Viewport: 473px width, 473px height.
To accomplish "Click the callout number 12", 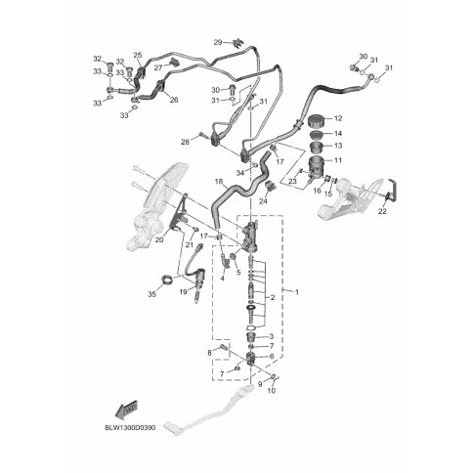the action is pyautogui.click(x=338, y=118).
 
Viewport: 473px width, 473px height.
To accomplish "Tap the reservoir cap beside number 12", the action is pyautogui.click(x=316, y=121).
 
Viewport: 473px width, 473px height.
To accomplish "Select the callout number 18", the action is pyautogui.click(x=219, y=181).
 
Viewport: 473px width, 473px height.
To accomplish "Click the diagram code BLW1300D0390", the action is pyautogui.click(x=130, y=427).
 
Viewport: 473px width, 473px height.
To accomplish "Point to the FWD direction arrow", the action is pyautogui.click(x=127, y=408).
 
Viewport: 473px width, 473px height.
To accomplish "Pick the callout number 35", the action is pyautogui.click(x=151, y=294).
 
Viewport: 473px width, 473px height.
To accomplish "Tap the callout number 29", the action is pyautogui.click(x=218, y=42).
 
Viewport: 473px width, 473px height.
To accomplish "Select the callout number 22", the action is pyautogui.click(x=382, y=211).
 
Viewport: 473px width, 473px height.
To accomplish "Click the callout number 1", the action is pyautogui.click(x=296, y=292).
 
